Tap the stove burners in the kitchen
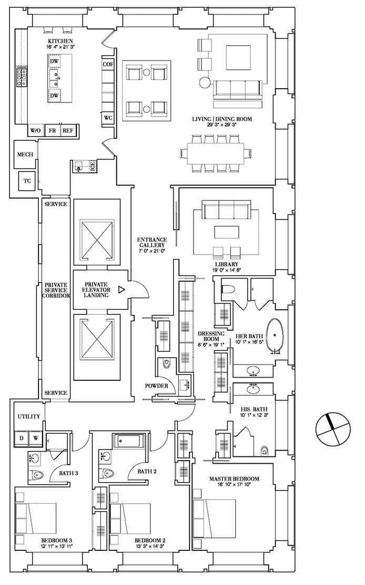point(22,77)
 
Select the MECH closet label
point(25,154)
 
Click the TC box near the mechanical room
point(27,181)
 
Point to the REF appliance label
point(68,131)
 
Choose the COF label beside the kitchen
point(108,64)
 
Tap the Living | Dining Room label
point(222,119)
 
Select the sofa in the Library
point(226,210)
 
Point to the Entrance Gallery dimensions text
point(151,251)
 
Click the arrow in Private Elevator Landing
point(121,289)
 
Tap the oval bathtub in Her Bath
point(275,336)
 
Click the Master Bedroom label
point(234,479)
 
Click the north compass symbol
point(333,429)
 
